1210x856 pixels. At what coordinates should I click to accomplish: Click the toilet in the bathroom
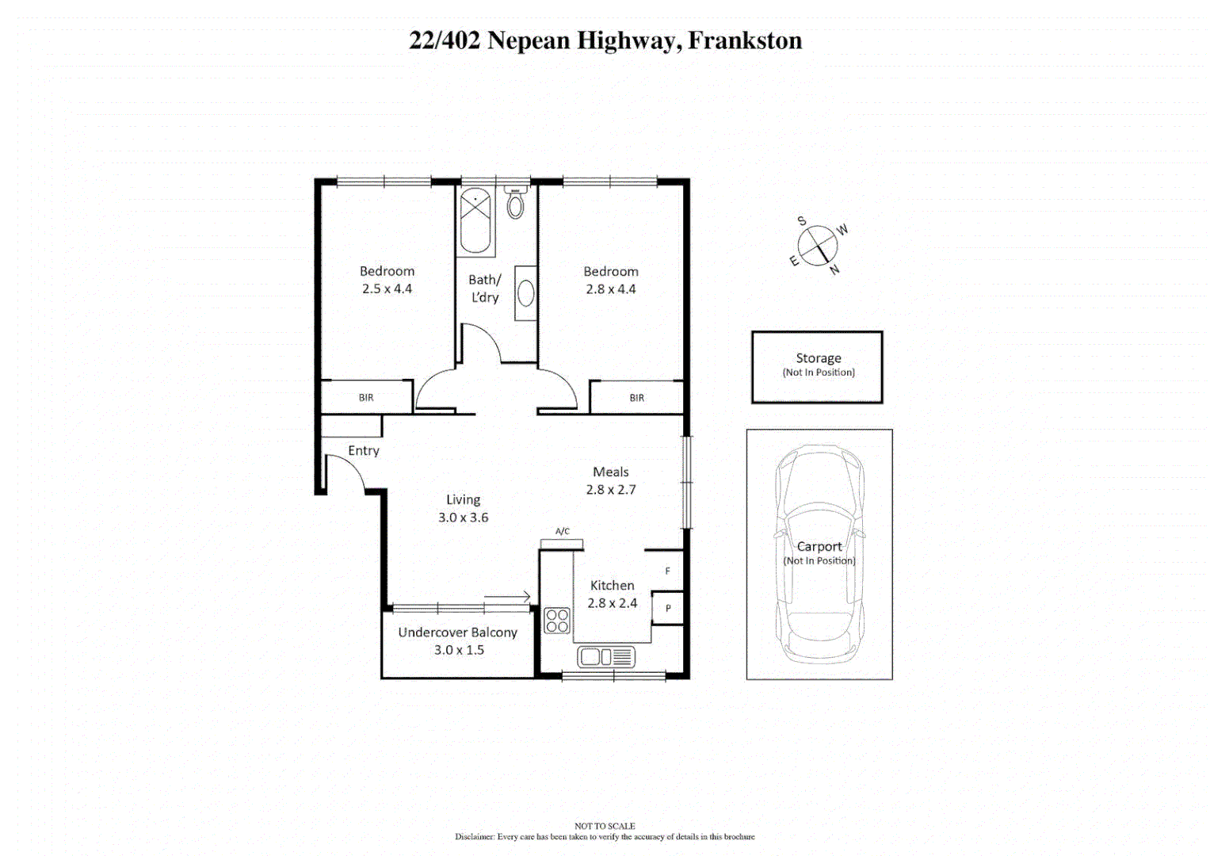coord(515,204)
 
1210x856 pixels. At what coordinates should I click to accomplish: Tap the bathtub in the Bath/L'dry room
coord(475,221)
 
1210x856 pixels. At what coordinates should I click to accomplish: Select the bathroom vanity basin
coord(525,293)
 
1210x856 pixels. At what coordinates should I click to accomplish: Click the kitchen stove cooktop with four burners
coord(557,620)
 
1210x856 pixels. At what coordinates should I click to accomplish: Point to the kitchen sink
coord(605,657)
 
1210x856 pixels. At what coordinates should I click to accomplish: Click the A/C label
coord(562,532)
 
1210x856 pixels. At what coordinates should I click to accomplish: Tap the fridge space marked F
coord(667,571)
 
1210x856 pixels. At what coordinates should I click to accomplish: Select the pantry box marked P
coord(667,608)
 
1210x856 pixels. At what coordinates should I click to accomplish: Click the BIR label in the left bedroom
coord(366,398)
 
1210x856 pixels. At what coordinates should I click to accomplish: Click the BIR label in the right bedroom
coord(637,398)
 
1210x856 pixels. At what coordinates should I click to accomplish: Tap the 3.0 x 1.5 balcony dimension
coord(459,650)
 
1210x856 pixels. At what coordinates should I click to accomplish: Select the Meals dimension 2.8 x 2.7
coord(611,490)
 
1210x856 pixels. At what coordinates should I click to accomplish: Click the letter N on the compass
coord(834,270)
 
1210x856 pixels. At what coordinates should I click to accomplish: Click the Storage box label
coord(819,358)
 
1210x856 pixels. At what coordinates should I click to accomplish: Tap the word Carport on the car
coord(819,547)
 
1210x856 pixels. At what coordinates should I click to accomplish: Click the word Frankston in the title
coord(745,40)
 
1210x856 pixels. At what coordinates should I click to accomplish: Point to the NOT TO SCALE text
coord(605,826)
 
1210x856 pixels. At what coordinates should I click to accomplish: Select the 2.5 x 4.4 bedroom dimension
coord(387,289)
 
